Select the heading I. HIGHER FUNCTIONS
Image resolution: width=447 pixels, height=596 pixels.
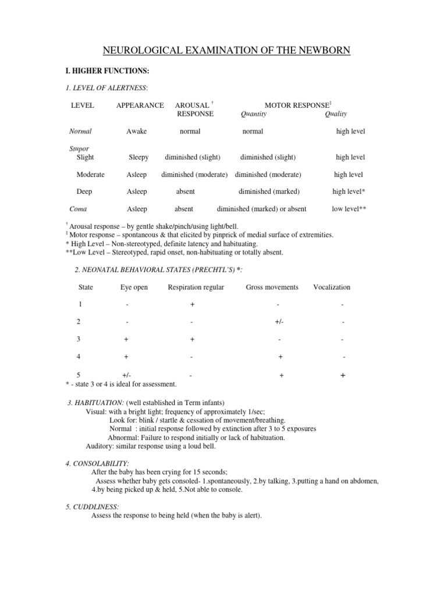[108, 71]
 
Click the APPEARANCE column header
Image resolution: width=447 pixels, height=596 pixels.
[140, 105]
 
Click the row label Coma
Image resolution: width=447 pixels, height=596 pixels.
[78, 208]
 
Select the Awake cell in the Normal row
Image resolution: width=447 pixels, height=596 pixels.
[137, 132]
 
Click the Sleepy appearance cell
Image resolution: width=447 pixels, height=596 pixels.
[139, 157]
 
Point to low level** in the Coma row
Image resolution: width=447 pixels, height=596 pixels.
[349, 208]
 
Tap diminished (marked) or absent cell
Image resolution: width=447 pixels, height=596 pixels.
[261, 208]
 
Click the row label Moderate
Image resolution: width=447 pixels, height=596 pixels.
[91, 175]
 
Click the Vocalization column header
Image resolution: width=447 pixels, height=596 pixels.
[332, 287]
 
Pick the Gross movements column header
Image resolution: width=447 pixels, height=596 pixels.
[272, 287]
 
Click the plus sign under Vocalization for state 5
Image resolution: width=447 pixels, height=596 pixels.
[343, 376]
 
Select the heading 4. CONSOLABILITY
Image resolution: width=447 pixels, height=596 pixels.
[93, 463]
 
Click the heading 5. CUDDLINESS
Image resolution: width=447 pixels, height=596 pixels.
[89, 507]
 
